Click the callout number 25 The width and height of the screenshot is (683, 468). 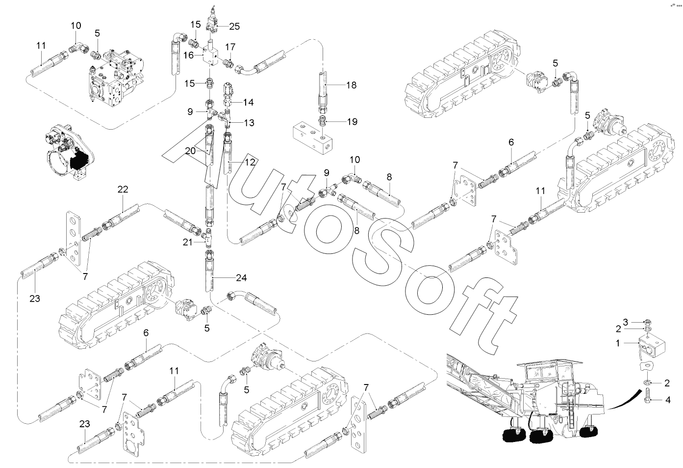coord(234,26)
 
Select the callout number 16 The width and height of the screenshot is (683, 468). coord(188,55)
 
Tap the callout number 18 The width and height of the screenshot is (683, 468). coord(351,85)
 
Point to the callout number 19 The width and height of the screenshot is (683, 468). coord(352,122)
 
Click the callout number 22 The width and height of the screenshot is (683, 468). coord(123,190)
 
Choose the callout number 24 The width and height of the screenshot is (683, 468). coord(241,277)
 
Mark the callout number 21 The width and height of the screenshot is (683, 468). coord(187,242)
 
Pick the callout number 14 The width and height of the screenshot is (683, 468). coord(249,102)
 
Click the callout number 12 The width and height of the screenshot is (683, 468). coord(250,162)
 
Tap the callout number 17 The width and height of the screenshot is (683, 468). coord(230,47)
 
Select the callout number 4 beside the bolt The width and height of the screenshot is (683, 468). coord(668,400)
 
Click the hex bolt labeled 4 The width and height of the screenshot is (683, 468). coord(648,396)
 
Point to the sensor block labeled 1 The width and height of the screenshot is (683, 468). coord(651,346)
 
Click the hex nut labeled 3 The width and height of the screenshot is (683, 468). coord(646,322)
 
